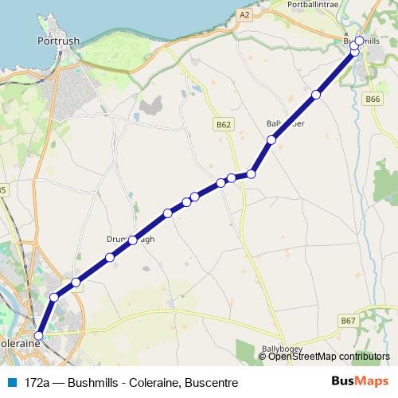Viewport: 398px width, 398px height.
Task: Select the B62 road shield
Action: (x=223, y=124)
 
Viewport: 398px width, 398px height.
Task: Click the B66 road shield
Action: (x=373, y=99)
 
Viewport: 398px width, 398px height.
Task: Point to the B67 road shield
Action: (x=348, y=320)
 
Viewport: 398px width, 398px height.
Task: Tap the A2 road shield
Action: (x=244, y=14)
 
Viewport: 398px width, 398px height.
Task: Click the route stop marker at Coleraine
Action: (x=38, y=336)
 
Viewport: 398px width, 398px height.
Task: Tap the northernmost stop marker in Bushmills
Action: (x=360, y=41)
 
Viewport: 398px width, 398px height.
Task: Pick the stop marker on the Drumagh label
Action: (x=133, y=239)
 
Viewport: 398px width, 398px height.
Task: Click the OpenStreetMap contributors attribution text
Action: (x=329, y=357)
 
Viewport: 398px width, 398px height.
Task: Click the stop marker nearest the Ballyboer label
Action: (x=271, y=140)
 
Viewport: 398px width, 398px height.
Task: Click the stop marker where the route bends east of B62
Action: (x=251, y=174)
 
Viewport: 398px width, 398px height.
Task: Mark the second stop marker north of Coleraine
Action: (x=76, y=282)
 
